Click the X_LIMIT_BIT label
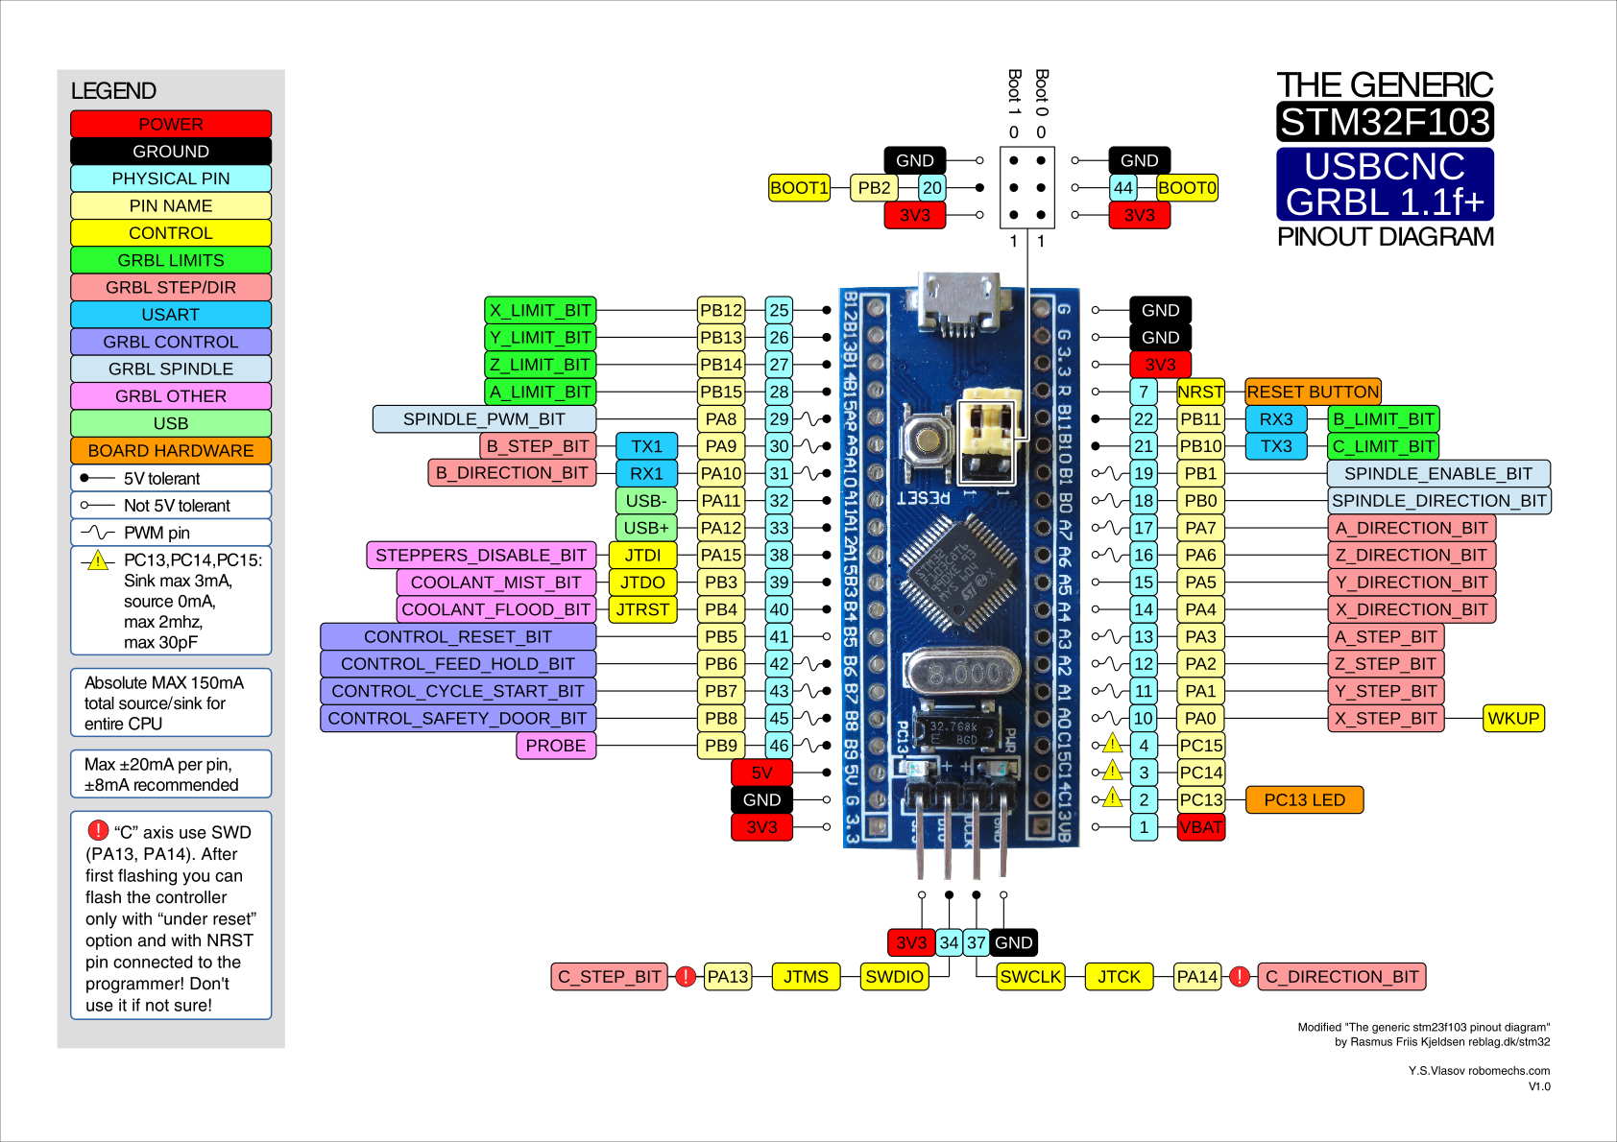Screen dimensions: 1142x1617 [541, 310]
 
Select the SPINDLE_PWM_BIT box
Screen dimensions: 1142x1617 [484, 419]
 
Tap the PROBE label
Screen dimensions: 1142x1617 [555, 746]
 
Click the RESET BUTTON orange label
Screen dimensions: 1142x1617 [1312, 392]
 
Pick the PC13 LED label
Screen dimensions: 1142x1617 [1304, 800]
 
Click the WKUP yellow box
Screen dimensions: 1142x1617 [1513, 719]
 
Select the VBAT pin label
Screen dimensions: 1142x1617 [1201, 827]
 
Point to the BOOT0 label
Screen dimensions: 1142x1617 [1187, 188]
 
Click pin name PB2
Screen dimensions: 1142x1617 [874, 188]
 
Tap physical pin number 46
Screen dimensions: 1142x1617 [779, 746]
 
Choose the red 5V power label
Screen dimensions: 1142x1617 [761, 773]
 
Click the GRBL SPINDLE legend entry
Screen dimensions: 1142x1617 [171, 369]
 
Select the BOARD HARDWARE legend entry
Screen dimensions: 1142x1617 [171, 451]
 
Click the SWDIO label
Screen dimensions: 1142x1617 [894, 977]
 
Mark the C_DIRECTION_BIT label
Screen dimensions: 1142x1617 [1341, 977]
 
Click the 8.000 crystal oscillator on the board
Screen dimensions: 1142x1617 [960, 675]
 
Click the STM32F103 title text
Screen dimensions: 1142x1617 [1385, 123]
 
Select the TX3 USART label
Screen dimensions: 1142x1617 [1276, 446]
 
